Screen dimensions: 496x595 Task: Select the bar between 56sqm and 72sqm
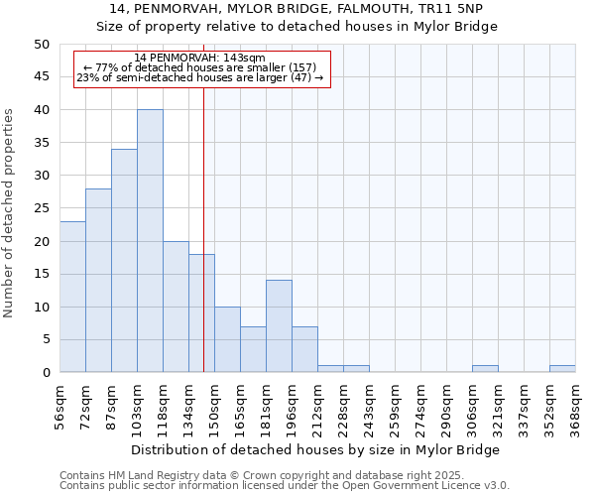point(72,297)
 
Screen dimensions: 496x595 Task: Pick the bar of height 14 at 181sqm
point(279,326)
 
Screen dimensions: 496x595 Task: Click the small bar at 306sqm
point(485,369)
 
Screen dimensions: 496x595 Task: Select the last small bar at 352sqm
point(562,369)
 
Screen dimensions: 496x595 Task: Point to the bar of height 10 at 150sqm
point(227,339)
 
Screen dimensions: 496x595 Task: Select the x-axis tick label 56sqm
point(59,407)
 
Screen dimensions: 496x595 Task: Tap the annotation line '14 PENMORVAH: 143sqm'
point(199,59)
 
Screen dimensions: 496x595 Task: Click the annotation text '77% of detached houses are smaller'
point(199,67)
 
